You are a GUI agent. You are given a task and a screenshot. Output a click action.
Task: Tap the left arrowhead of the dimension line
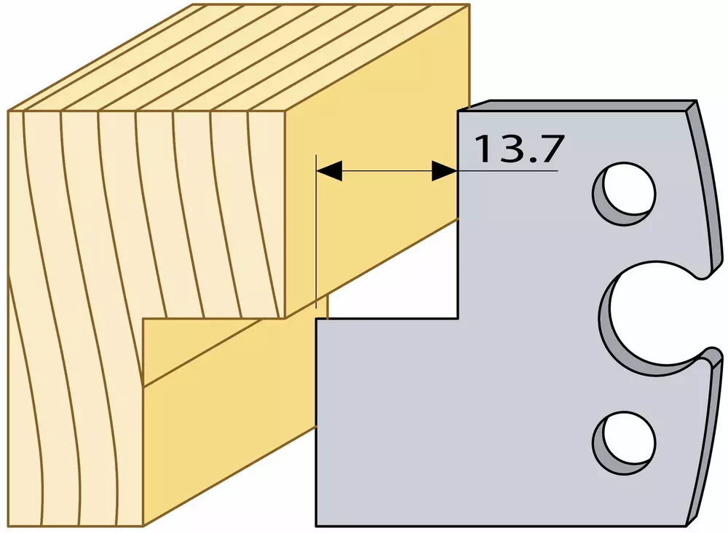click(x=329, y=171)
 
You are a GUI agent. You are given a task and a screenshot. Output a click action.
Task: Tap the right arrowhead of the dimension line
click(x=444, y=171)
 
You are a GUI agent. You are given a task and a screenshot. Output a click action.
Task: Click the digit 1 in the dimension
click(x=485, y=149)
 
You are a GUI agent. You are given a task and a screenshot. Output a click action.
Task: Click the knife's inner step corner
click(x=458, y=318)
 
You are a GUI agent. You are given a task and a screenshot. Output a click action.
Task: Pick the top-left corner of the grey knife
click(x=458, y=111)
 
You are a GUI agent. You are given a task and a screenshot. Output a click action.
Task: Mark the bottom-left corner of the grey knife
click(x=316, y=526)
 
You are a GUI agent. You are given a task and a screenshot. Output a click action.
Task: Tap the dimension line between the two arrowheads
click(x=387, y=171)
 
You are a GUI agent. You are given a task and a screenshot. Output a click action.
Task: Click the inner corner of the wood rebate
click(x=143, y=318)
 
